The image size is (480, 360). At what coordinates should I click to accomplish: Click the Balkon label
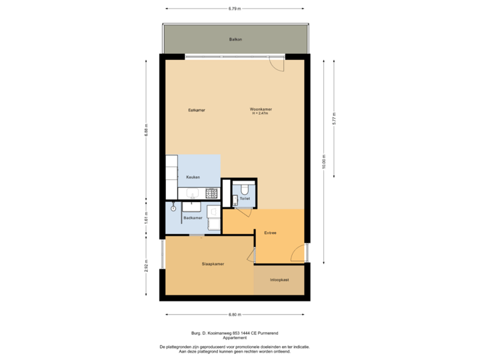tap(235, 40)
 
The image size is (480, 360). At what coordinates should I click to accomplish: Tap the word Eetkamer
tap(196, 109)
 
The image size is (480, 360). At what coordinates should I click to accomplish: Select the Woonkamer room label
tap(261, 109)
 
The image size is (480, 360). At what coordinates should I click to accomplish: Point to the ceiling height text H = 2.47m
tap(260, 113)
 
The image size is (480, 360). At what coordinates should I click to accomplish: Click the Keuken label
tap(193, 177)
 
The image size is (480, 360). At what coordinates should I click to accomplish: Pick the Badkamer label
tap(193, 217)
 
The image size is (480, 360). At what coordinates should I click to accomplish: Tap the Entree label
tap(270, 233)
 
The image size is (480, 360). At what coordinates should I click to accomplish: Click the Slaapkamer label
tap(213, 264)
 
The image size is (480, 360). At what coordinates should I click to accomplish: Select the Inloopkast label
tap(279, 280)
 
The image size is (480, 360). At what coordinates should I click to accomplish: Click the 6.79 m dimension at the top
tap(235, 9)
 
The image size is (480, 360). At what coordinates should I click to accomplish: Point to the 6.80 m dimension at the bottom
tap(235, 315)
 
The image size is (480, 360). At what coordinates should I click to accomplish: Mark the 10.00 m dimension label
tap(325, 163)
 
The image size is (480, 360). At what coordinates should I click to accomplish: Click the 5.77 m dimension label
tap(335, 119)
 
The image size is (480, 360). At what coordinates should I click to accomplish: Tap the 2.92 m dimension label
tap(146, 267)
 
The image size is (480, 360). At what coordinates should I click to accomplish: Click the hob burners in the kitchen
tap(212, 194)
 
